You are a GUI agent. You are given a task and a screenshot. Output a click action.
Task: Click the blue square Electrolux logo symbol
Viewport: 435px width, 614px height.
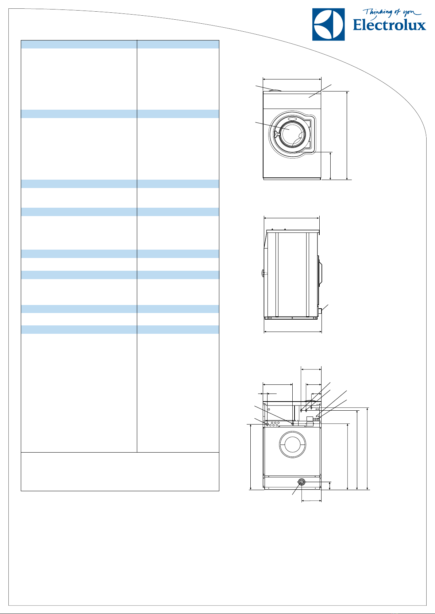(328, 24)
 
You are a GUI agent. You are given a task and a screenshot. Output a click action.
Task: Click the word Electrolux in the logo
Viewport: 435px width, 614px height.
(389, 25)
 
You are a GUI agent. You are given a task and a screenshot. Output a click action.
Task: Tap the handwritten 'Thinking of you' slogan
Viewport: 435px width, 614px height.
(392, 13)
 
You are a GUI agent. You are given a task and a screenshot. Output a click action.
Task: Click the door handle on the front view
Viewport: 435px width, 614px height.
(276, 134)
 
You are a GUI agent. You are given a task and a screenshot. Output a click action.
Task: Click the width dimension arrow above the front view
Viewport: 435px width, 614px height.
(292, 79)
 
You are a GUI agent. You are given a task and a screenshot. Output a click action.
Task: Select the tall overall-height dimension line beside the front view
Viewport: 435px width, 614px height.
(347, 136)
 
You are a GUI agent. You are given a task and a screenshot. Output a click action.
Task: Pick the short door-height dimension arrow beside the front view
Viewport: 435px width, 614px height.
(330, 166)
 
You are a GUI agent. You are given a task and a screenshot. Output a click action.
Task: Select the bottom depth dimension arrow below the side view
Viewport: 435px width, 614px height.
(293, 332)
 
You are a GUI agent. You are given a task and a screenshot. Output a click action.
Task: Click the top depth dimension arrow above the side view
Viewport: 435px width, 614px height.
(292, 218)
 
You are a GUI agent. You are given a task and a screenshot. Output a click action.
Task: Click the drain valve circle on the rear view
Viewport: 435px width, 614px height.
(302, 482)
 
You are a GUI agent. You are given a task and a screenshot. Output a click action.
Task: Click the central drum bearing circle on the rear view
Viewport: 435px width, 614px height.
(293, 444)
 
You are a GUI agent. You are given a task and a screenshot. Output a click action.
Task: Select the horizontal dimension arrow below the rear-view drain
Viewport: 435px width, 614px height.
(312, 501)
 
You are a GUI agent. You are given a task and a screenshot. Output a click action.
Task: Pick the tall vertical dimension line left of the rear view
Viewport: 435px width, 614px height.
(251, 457)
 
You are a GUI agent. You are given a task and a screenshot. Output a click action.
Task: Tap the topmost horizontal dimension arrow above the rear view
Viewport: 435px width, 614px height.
(311, 369)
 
